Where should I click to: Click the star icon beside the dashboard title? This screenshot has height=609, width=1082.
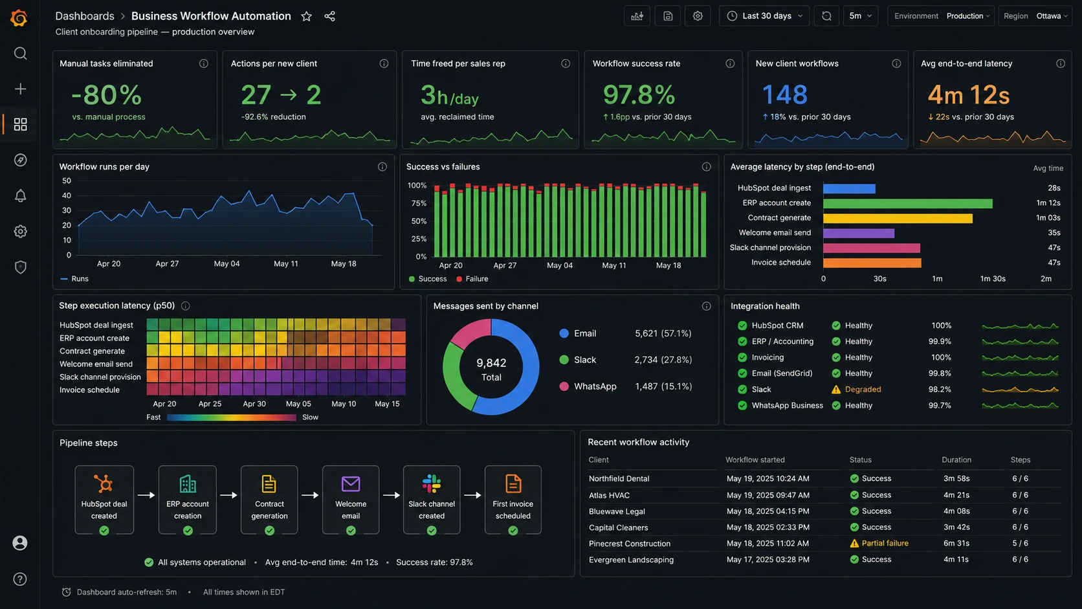[306, 16]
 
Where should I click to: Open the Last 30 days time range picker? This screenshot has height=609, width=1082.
[764, 16]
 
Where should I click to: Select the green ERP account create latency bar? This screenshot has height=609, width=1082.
[908, 203]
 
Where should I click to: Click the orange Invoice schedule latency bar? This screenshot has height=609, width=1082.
[872, 263]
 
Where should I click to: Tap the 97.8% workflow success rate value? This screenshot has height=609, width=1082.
[639, 94]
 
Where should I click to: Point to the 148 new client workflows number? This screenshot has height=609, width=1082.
[784, 94]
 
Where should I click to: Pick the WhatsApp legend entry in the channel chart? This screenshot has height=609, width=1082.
[588, 386]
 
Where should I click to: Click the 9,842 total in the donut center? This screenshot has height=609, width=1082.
[491, 363]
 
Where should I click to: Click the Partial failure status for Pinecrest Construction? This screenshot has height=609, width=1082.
[879, 544]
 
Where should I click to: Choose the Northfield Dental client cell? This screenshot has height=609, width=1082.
[619, 479]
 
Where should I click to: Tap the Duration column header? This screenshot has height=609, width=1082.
[956, 460]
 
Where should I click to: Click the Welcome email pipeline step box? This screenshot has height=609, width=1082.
[351, 500]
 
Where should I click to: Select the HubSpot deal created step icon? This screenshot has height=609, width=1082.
[104, 483]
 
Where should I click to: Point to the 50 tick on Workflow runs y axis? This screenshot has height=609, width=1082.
[67, 181]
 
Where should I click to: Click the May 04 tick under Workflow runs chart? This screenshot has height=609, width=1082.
[226, 263]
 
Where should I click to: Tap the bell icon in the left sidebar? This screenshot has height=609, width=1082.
[20, 195]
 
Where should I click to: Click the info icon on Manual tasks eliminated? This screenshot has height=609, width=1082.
[204, 64]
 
